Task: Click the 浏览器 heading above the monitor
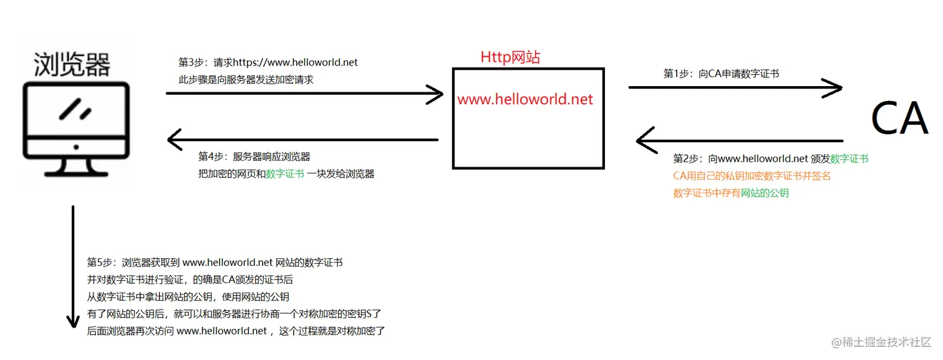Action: (x=72, y=64)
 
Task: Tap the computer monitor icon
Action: (x=75, y=128)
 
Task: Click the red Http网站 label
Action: (x=510, y=57)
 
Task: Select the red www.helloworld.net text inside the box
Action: (x=525, y=99)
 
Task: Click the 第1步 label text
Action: (x=677, y=74)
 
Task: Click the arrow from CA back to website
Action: (x=740, y=140)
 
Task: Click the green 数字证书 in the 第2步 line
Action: (x=849, y=158)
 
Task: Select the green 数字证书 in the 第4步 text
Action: (x=285, y=174)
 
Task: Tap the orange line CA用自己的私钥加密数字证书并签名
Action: (x=752, y=176)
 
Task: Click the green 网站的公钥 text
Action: (x=765, y=193)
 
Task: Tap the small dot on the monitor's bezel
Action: (x=75, y=147)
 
